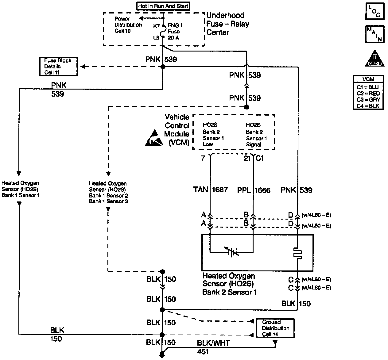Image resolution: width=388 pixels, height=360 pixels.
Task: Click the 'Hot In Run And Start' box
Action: (x=163, y=6)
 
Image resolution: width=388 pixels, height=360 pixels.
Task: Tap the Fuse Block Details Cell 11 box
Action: (x=58, y=67)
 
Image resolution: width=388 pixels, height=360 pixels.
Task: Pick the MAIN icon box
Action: (x=374, y=34)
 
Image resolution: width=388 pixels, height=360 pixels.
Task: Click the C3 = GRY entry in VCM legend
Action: (x=368, y=100)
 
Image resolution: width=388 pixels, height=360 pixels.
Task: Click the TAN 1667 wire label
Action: (x=211, y=190)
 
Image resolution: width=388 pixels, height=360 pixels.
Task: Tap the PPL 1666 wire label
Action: (x=254, y=190)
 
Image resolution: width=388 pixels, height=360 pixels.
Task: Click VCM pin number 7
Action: (x=203, y=158)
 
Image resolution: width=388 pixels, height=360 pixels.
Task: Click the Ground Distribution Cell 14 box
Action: (x=275, y=328)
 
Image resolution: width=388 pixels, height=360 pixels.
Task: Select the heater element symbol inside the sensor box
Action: (x=297, y=253)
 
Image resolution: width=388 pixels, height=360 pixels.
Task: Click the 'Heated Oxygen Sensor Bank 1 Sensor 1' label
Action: (x=21, y=189)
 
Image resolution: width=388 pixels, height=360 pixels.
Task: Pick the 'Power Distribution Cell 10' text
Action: (x=128, y=25)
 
